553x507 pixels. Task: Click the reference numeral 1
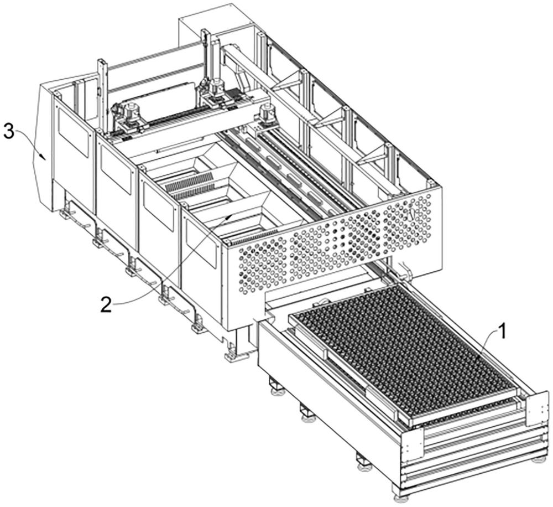click(501, 333)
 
